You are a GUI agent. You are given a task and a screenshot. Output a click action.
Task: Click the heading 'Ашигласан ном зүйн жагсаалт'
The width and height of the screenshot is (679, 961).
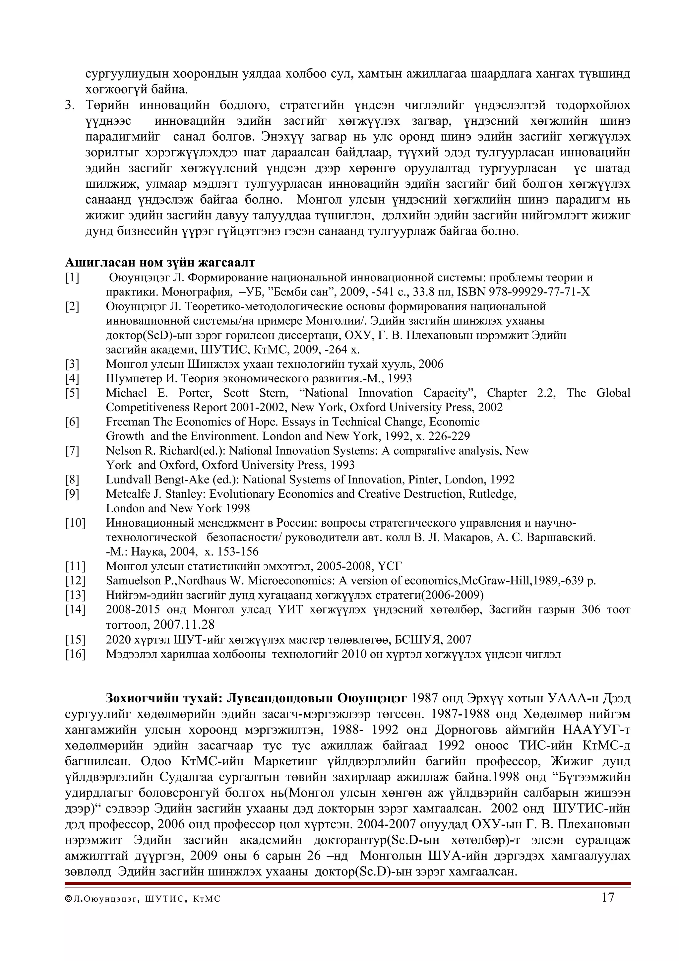160,262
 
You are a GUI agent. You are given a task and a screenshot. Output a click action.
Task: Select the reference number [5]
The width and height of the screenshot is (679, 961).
72,393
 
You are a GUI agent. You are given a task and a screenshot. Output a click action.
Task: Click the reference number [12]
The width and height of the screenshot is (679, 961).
75,581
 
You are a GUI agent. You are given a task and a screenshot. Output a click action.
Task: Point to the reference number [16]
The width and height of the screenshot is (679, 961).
75,654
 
